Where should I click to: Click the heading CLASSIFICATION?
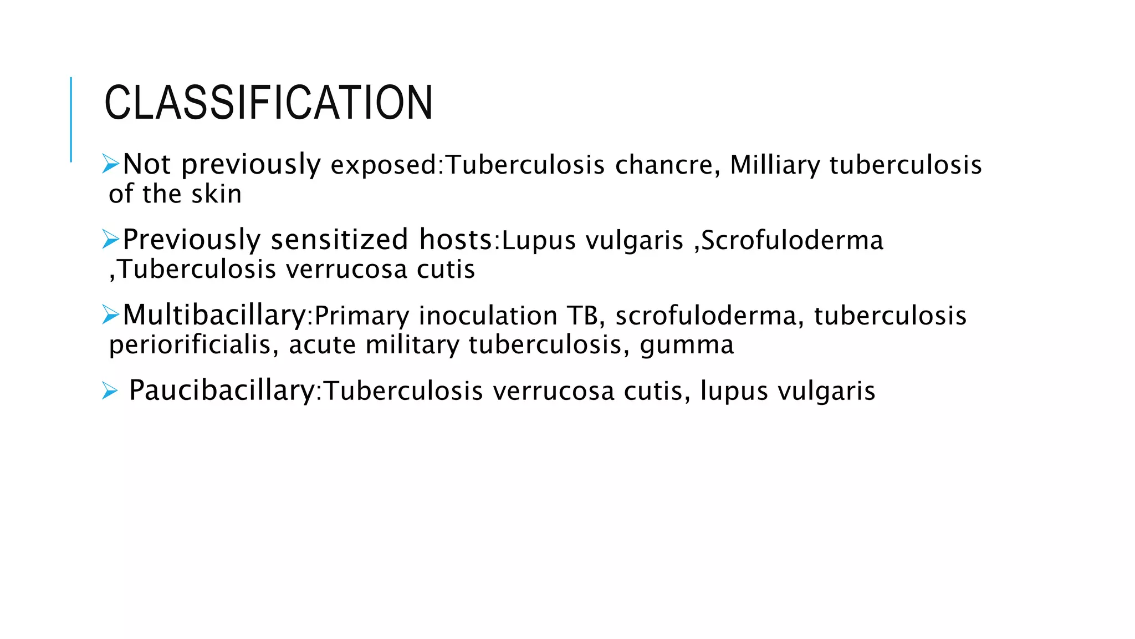(268, 103)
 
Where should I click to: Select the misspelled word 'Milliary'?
(775, 165)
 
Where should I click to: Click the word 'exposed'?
(384, 165)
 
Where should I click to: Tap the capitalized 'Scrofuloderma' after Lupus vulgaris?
(792, 240)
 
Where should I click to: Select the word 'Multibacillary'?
(214, 316)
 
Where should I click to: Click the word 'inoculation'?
(488, 316)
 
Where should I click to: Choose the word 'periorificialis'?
(190, 344)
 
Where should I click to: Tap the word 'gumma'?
(687, 345)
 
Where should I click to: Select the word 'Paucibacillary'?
(222, 390)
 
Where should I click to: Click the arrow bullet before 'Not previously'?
(110, 164)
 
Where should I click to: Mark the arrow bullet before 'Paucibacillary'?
(110, 391)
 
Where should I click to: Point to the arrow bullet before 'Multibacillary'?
(110, 315)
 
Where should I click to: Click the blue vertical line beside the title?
(71, 119)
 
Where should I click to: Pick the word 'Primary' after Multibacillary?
(362, 316)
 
